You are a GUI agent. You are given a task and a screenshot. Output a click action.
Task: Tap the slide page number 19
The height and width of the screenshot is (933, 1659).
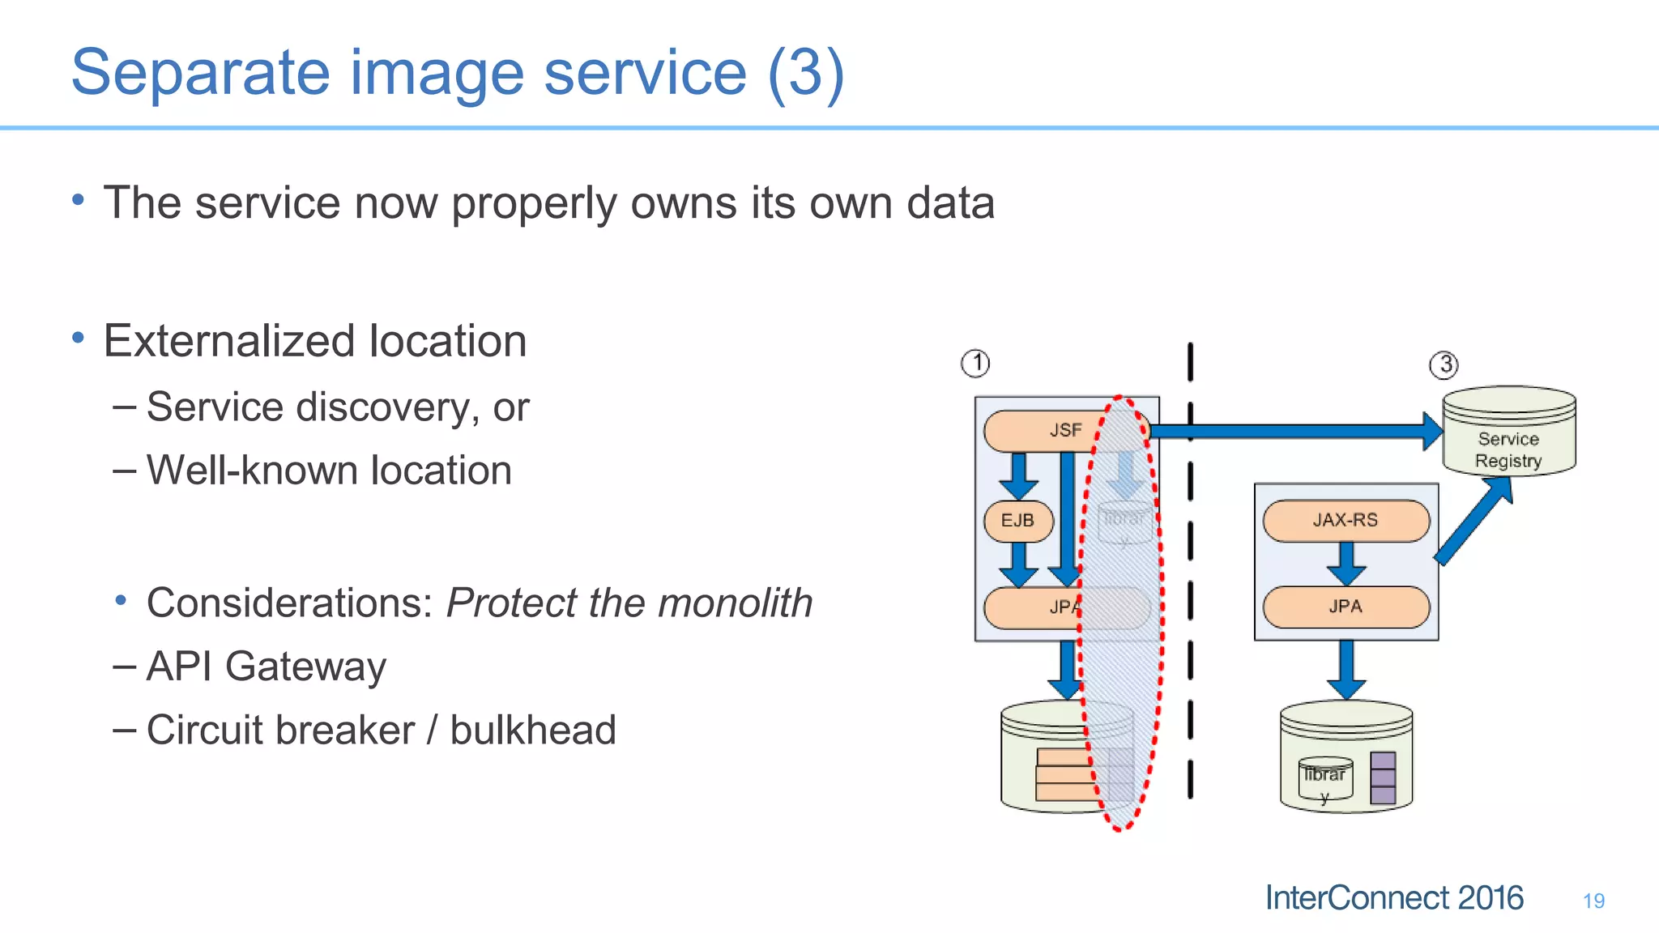pyautogui.click(x=1593, y=901)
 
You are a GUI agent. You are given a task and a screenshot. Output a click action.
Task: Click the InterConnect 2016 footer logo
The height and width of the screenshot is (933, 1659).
pyautogui.click(x=1393, y=898)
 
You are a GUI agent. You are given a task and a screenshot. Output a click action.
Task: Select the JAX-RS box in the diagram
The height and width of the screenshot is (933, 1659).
pyautogui.click(x=1346, y=520)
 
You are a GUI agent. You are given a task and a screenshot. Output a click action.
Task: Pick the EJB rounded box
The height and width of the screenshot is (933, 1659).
pyautogui.click(x=1018, y=521)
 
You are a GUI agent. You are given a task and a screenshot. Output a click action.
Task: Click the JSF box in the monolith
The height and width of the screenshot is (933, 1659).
pyautogui.click(x=1053, y=430)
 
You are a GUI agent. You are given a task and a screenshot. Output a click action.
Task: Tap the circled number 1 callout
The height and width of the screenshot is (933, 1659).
pyautogui.click(x=975, y=363)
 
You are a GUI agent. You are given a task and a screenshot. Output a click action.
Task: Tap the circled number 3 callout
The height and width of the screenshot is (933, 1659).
pyautogui.click(x=1444, y=364)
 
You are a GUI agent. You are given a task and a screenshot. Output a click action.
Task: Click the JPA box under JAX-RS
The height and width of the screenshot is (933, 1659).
pyautogui.click(x=1346, y=607)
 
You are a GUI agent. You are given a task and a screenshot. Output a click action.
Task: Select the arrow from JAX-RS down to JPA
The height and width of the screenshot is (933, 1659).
pyautogui.click(x=1346, y=563)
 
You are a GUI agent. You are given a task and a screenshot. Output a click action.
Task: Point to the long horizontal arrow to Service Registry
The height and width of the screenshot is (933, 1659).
pyautogui.click(x=1296, y=431)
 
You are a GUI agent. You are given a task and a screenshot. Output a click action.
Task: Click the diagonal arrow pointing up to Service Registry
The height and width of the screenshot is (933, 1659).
pyautogui.click(x=1472, y=521)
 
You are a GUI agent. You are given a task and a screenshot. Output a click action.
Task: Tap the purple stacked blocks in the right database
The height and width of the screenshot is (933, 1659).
pyautogui.click(x=1383, y=777)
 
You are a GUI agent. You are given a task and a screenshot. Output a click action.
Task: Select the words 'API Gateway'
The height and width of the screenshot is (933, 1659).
pyautogui.click(x=266, y=667)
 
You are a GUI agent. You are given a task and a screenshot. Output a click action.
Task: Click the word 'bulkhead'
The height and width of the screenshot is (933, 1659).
pyautogui.click(x=532, y=731)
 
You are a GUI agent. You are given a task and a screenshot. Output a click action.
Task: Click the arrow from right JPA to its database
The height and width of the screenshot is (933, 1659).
pyautogui.click(x=1346, y=669)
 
